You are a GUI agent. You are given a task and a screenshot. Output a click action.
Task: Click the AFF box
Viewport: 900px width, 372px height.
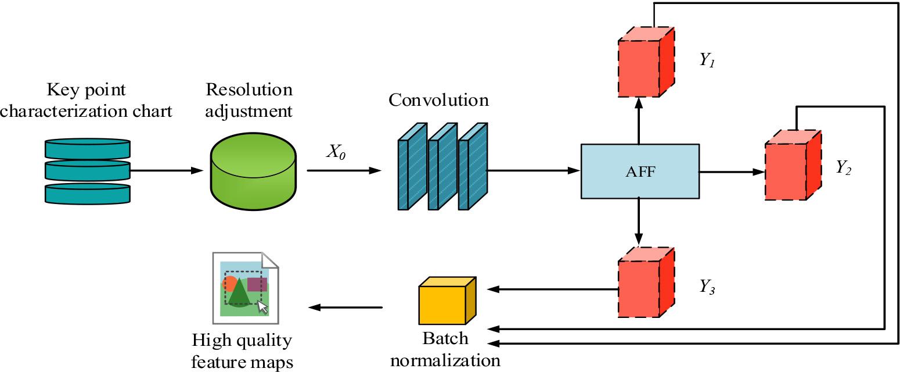(639, 171)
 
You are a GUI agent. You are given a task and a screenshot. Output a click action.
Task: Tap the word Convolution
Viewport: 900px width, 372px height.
(438, 100)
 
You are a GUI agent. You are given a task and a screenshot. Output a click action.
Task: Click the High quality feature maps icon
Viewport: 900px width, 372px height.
(246, 287)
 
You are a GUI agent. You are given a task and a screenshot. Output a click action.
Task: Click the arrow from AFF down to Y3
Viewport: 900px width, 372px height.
(639, 221)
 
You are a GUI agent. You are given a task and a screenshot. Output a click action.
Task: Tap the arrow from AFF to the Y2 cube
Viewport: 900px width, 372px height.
(732, 171)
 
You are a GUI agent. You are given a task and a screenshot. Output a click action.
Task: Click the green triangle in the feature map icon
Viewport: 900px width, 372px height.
(239, 293)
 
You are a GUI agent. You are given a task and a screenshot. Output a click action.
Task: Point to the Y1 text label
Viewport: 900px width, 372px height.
(706, 60)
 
